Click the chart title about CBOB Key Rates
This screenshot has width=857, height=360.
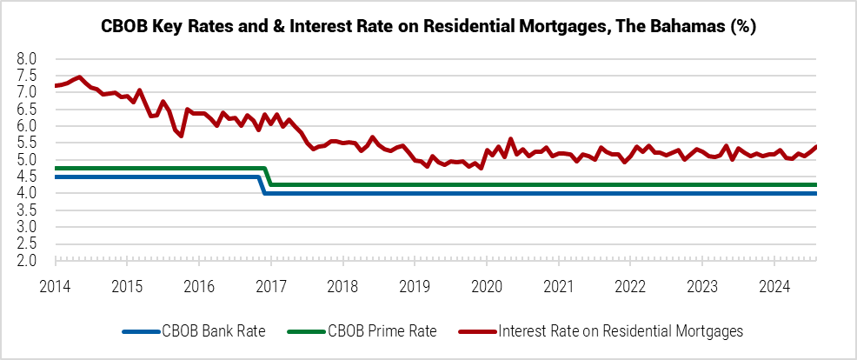pyautogui.click(x=428, y=27)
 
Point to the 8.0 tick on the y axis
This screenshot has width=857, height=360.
pyautogui.click(x=27, y=58)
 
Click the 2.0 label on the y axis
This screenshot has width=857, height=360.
pyautogui.click(x=27, y=261)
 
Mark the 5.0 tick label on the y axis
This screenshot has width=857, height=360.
pyautogui.click(x=27, y=160)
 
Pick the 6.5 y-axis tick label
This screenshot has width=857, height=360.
pyautogui.click(x=27, y=110)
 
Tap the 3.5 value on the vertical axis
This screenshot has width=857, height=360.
pyautogui.click(x=27, y=210)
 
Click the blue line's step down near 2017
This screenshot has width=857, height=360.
pyautogui.click(x=263, y=185)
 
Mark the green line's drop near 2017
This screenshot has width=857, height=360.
pyautogui.click(x=269, y=177)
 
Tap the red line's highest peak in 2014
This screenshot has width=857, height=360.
pyautogui.click(x=80, y=77)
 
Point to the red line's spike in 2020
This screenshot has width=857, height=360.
pyautogui.click(x=510, y=139)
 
